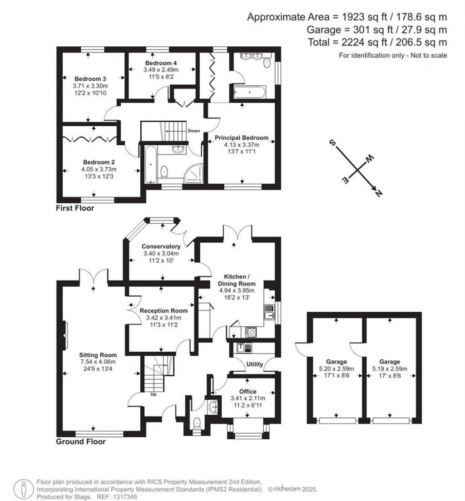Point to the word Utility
(x=254, y=364)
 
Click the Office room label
(x=247, y=391)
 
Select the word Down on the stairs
(x=194, y=131)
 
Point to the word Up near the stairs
(x=153, y=394)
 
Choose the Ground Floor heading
(x=80, y=441)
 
